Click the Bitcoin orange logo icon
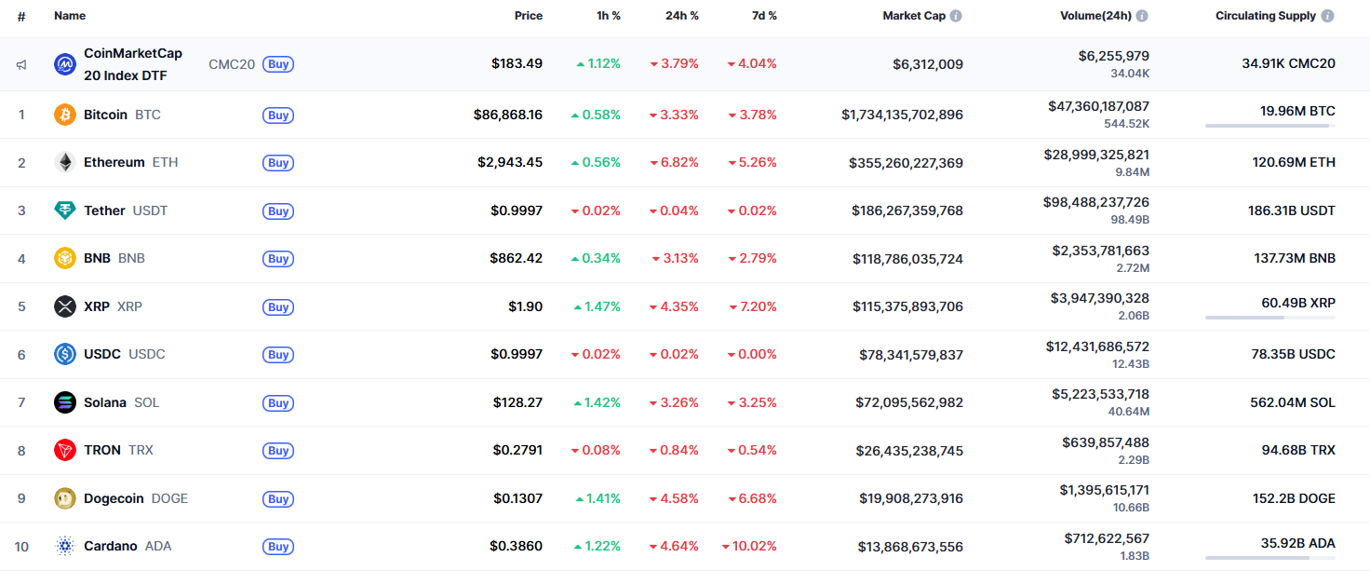pos(65,115)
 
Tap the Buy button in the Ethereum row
pos(278,163)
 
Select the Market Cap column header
pos(914,16)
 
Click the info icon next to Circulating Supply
pos(1327,16)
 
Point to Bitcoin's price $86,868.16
pos(507,115)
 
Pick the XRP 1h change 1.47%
pos(598,306)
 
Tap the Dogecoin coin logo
pos(65,498)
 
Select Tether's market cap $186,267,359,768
pos(907,211)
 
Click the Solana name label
pos(105,402)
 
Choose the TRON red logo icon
pos(65,450)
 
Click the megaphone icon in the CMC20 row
pos(21,64)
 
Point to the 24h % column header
pos(682,16)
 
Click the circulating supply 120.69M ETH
pos(1294,162)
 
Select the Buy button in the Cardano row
pos(278,547)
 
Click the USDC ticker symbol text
pos(147,354)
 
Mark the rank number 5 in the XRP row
pos(21,306)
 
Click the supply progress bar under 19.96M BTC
pos(1269,126)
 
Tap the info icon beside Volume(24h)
pos(1142,16)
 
